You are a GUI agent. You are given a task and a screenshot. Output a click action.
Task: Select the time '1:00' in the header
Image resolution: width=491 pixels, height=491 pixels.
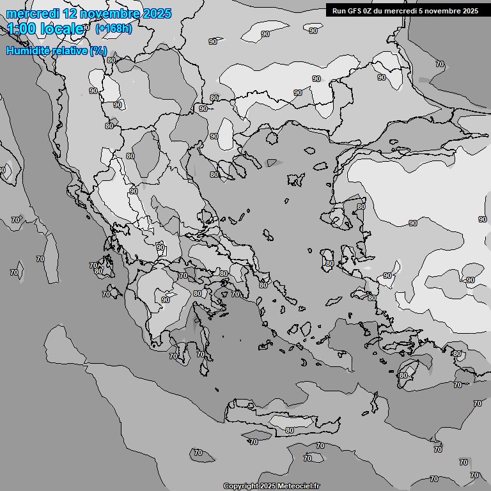[21, 29]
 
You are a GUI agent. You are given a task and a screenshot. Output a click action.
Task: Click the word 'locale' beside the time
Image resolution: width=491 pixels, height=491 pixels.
[62, 29]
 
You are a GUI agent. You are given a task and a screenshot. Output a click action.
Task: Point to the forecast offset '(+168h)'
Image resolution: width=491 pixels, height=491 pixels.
[113, 29]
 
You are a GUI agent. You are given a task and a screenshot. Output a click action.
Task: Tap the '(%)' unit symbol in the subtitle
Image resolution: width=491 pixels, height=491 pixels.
[98, 51]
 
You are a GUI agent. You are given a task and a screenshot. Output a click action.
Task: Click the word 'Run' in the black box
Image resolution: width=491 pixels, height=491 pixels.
[339, 10]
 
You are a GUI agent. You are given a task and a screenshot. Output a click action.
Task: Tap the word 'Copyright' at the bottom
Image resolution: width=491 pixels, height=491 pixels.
[241, 486]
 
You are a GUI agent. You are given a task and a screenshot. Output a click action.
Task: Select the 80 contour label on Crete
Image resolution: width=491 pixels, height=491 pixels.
[290, 430]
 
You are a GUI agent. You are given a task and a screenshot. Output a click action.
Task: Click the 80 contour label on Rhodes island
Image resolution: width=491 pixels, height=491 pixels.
[403, 375]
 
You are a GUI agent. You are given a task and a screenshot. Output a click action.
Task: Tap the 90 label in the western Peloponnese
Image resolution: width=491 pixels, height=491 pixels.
[166, 299]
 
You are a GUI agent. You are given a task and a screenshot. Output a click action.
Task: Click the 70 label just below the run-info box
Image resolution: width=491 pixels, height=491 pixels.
[439, 64]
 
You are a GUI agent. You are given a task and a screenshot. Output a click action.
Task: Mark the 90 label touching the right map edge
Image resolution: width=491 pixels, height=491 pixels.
[482, 219]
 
